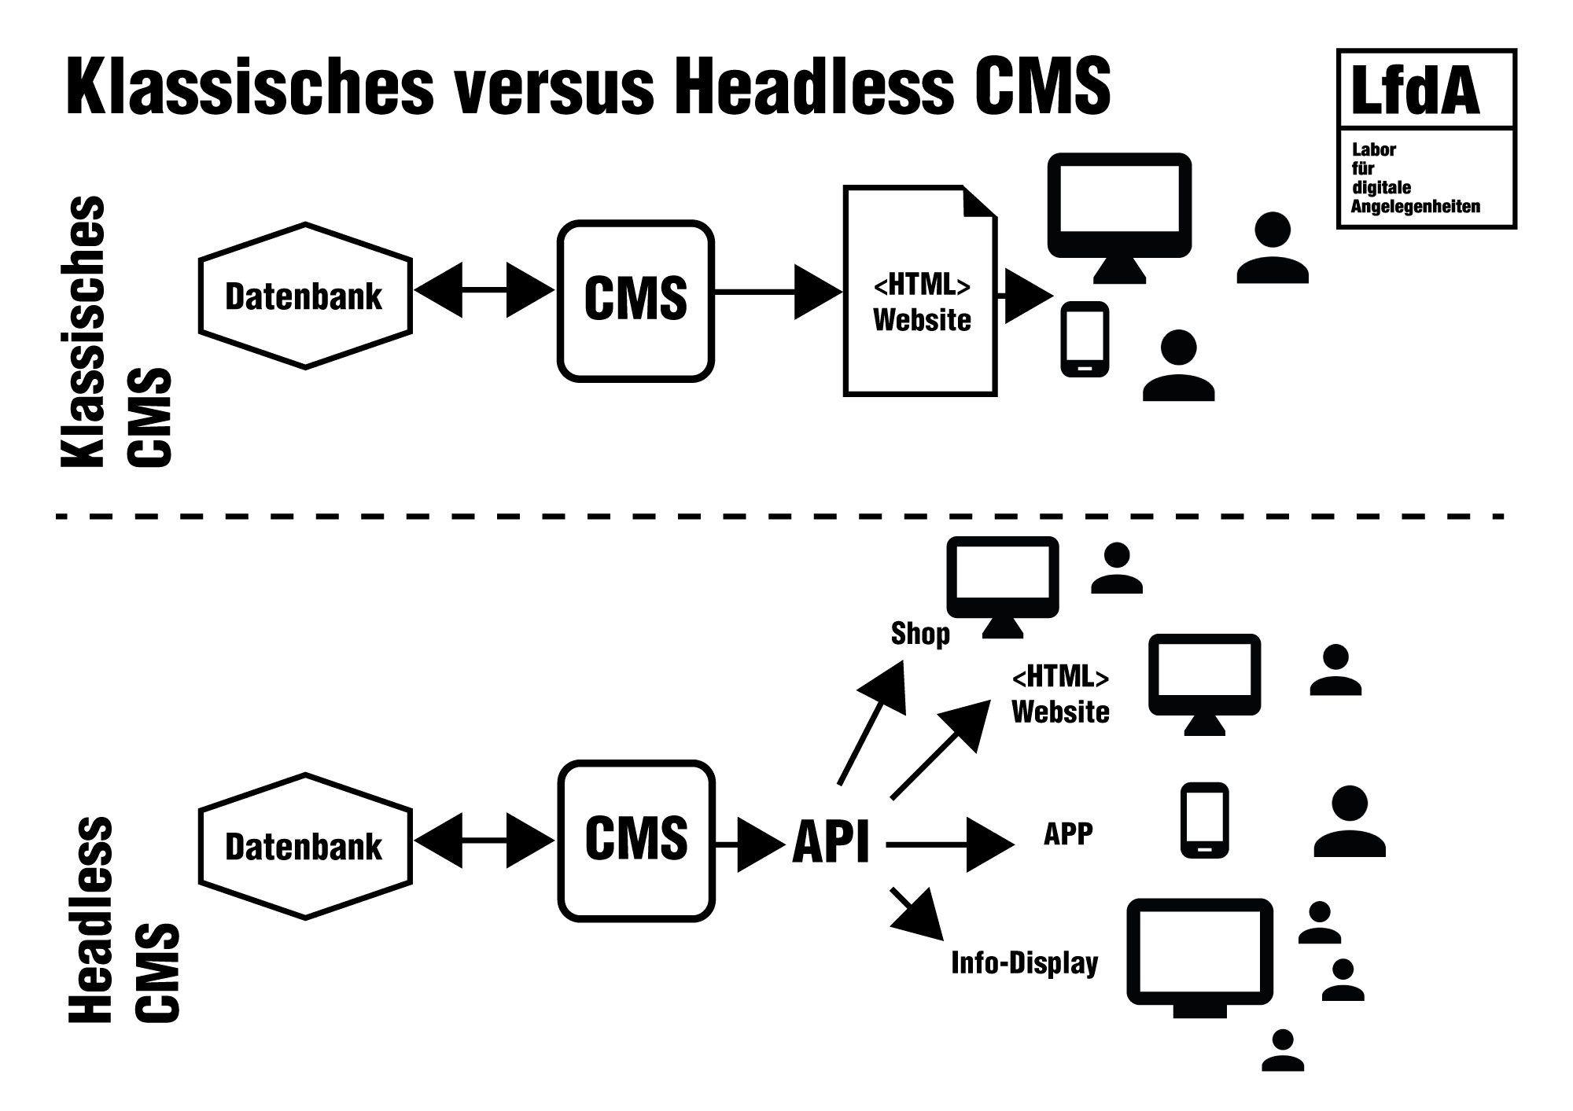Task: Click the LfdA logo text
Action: tap(1415, 91)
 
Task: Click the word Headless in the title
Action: tap(813, 86)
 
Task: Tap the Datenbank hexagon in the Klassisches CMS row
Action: tap(305, 296)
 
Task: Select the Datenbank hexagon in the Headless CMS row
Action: tap(305, 846)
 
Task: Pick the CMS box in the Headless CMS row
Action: tap(636, 840)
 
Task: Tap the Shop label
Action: tap(919, 634)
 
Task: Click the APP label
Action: tap(1067, 834)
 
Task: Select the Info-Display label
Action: tap(1024, 963)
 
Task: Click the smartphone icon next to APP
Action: tap(1204, 820)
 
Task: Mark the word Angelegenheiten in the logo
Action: tap(1415, 207)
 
